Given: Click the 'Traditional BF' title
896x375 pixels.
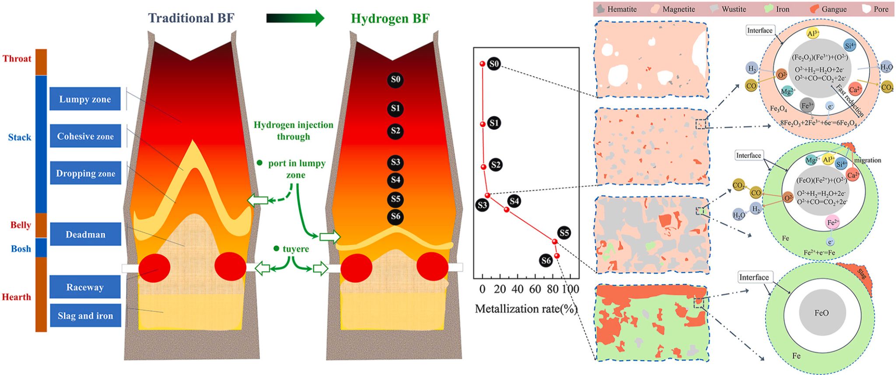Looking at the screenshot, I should pos(191,18).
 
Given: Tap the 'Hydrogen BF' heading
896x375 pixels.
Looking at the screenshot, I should pos(390,18).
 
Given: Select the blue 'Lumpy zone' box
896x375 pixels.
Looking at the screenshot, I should pos(85,99).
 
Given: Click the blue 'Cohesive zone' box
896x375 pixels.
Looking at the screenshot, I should pos(85,136).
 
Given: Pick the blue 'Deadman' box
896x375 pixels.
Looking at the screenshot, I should pos(85,234).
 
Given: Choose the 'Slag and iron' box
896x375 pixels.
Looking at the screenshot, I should pos(85,315).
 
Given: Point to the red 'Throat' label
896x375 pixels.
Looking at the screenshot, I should pos(17,59).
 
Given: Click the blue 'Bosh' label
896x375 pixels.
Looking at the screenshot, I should pos(21,249).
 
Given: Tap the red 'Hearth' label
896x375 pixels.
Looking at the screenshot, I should pos(17,297).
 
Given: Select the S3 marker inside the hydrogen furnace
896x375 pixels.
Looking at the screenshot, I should pos(395,162).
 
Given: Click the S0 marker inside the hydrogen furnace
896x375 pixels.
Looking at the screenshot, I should pos(395,80).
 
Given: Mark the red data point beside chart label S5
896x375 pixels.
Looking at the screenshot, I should pos(554,241).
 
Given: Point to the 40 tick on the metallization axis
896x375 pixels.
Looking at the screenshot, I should pos(518,289).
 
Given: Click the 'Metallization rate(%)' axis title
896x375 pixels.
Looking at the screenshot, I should pos(526,309).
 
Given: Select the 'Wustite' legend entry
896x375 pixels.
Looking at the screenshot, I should pos(728,9).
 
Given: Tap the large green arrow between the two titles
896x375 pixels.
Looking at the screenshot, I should pos(295,18).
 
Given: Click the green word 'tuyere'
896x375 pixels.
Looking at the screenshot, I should pos(295,249).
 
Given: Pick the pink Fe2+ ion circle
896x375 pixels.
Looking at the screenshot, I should pos(833,222).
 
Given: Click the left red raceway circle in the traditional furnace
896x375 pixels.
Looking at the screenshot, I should pos(154,267).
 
